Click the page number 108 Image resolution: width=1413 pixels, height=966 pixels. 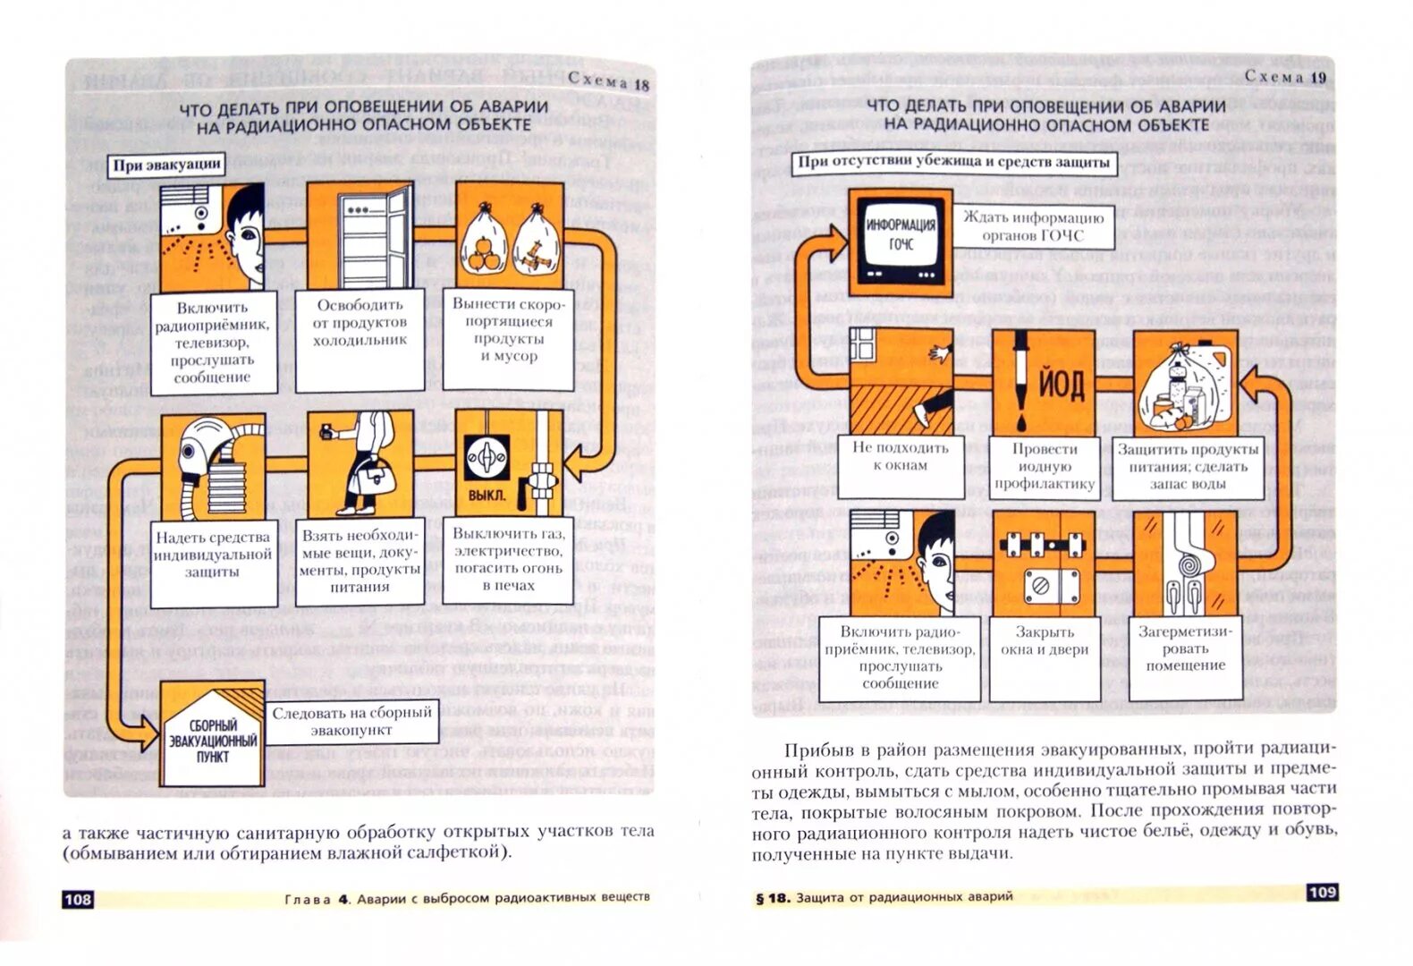pos(78,899)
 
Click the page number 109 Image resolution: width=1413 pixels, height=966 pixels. pos(1321,892)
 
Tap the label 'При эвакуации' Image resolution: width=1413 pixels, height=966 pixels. pos(167,165)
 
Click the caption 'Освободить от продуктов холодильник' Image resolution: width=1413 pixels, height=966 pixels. pos(360,323)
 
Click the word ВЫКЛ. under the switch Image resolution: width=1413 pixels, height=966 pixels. pos(487,495)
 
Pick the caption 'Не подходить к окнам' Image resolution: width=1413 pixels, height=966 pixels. pos(901,457)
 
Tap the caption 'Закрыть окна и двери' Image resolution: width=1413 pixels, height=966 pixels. pos(1044,641)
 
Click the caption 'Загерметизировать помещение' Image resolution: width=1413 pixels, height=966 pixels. pos(1185,648)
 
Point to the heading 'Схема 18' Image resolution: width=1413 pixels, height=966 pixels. pos(608,82)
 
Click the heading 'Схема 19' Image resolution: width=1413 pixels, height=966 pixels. pos(1284,77)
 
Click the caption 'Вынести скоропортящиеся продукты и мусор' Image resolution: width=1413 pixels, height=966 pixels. pos(508,330)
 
